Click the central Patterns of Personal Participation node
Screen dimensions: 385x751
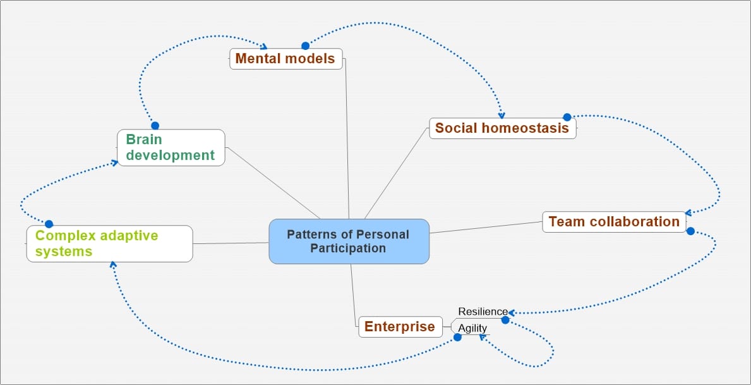pyautogui.click(x=349, y=241)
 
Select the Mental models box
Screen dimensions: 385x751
pyautogui.click(x=285, y=59)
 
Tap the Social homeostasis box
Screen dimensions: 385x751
pyautogui.click(x=502, y=128)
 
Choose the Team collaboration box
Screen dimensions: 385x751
pyautogui.click(x=614, y=222)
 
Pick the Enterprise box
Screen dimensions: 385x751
pyautogui.click(x=400, y=327)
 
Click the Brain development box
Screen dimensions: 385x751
pyautogui.click(x=171, y=147)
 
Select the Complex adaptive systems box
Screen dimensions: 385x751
pyautogui.click(x=109, y=243)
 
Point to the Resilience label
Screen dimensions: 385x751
pyautogui.click(x=483, y=312)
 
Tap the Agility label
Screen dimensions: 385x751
pyautogui.click(x=472, y=328)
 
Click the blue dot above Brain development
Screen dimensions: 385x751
pyautogui.click(x=155, y=125)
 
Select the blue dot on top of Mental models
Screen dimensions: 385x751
pyautogui.click(x=305, y=46)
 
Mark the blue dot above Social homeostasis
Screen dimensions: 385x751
pyautogui.click(x=567, y=117)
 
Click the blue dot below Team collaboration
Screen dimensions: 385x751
pyautogui.click(x=690, y=231)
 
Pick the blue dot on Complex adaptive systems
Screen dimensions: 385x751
pyautogui.click(x=49, y=224)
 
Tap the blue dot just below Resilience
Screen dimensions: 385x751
pyautogui.click(x=505, y=320)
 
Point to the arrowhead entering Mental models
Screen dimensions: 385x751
pyautogui.click(x=265, y=46)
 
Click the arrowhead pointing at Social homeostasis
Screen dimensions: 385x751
pyautogui.click(x=502, y=115)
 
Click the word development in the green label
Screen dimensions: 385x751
pyautogui.click(x=171, y=155)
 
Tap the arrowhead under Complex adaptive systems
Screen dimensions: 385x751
pyautogui.click(x=112, y=264)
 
